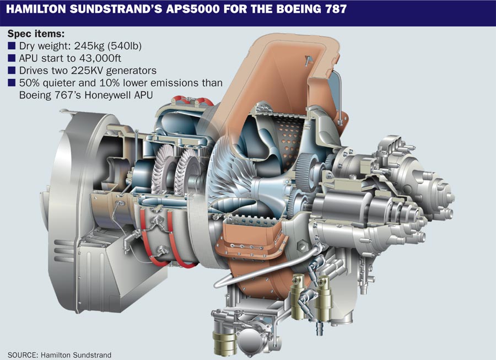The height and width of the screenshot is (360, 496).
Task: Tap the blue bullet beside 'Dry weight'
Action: pyautogui.click(x=12, y=46)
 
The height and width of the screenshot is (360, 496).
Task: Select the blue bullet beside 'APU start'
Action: pyautogui.click(x=12, y=58)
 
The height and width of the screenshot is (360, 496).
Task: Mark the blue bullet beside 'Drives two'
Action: pyautogui.click(x=12, y=71)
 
